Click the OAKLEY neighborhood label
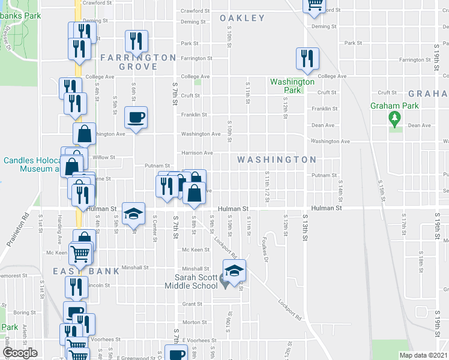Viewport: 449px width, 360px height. pyautogui.click(x=242, y=18)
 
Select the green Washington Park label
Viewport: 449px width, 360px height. pyautogui.click(x=292, y=86)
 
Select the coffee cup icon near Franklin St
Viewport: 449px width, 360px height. pyautogui.click(x=136, y=118)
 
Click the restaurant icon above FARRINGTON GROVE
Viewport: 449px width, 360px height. pyautogui.click(x=136, y=41)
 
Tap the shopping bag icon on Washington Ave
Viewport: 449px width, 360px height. pyautogui.click(x=85, y=134)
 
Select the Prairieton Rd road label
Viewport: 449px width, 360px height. pyautogui.click(x=19, y=229)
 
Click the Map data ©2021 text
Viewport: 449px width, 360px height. pyautogui.click(x=423, y=355)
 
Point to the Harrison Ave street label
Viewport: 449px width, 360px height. pyautogui.click(x=197, y=153)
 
